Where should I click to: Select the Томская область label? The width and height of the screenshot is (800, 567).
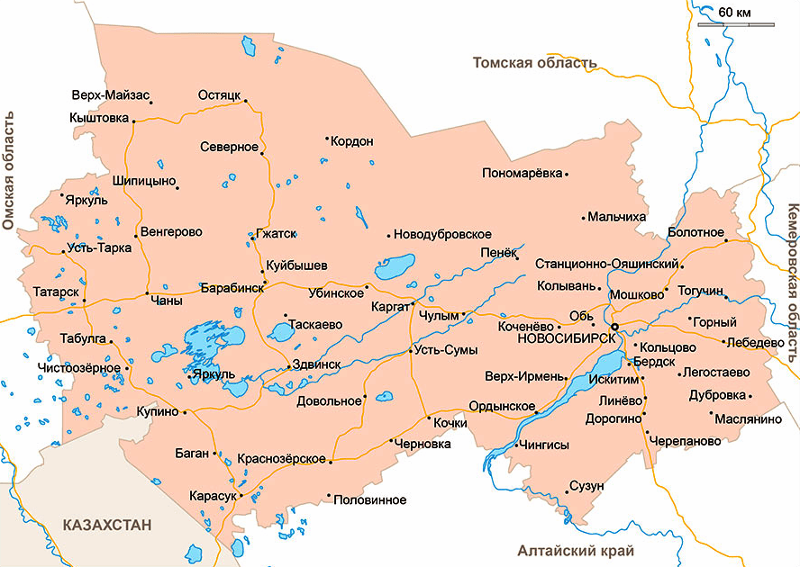coord(535,63)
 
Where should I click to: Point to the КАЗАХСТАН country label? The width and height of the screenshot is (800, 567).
coord(107,525)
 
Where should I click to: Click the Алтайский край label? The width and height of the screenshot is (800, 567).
coord(577,551)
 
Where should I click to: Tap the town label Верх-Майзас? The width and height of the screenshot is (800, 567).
coord(110,94)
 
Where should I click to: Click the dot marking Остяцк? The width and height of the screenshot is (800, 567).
coord(245,101)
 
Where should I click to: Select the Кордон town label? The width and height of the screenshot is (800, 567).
coord(352,142)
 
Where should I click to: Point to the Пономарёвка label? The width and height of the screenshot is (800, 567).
coord(522,173)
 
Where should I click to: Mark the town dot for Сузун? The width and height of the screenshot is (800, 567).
coord(568,492)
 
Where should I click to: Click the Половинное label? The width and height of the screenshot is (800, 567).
coord(369,499)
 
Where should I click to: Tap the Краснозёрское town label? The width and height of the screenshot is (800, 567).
coord(281,459)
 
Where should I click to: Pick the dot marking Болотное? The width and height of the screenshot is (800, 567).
coord(725,241)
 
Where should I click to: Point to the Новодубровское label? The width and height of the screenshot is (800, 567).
coord(442,235)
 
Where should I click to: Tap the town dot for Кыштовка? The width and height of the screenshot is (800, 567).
coord(133,121)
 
